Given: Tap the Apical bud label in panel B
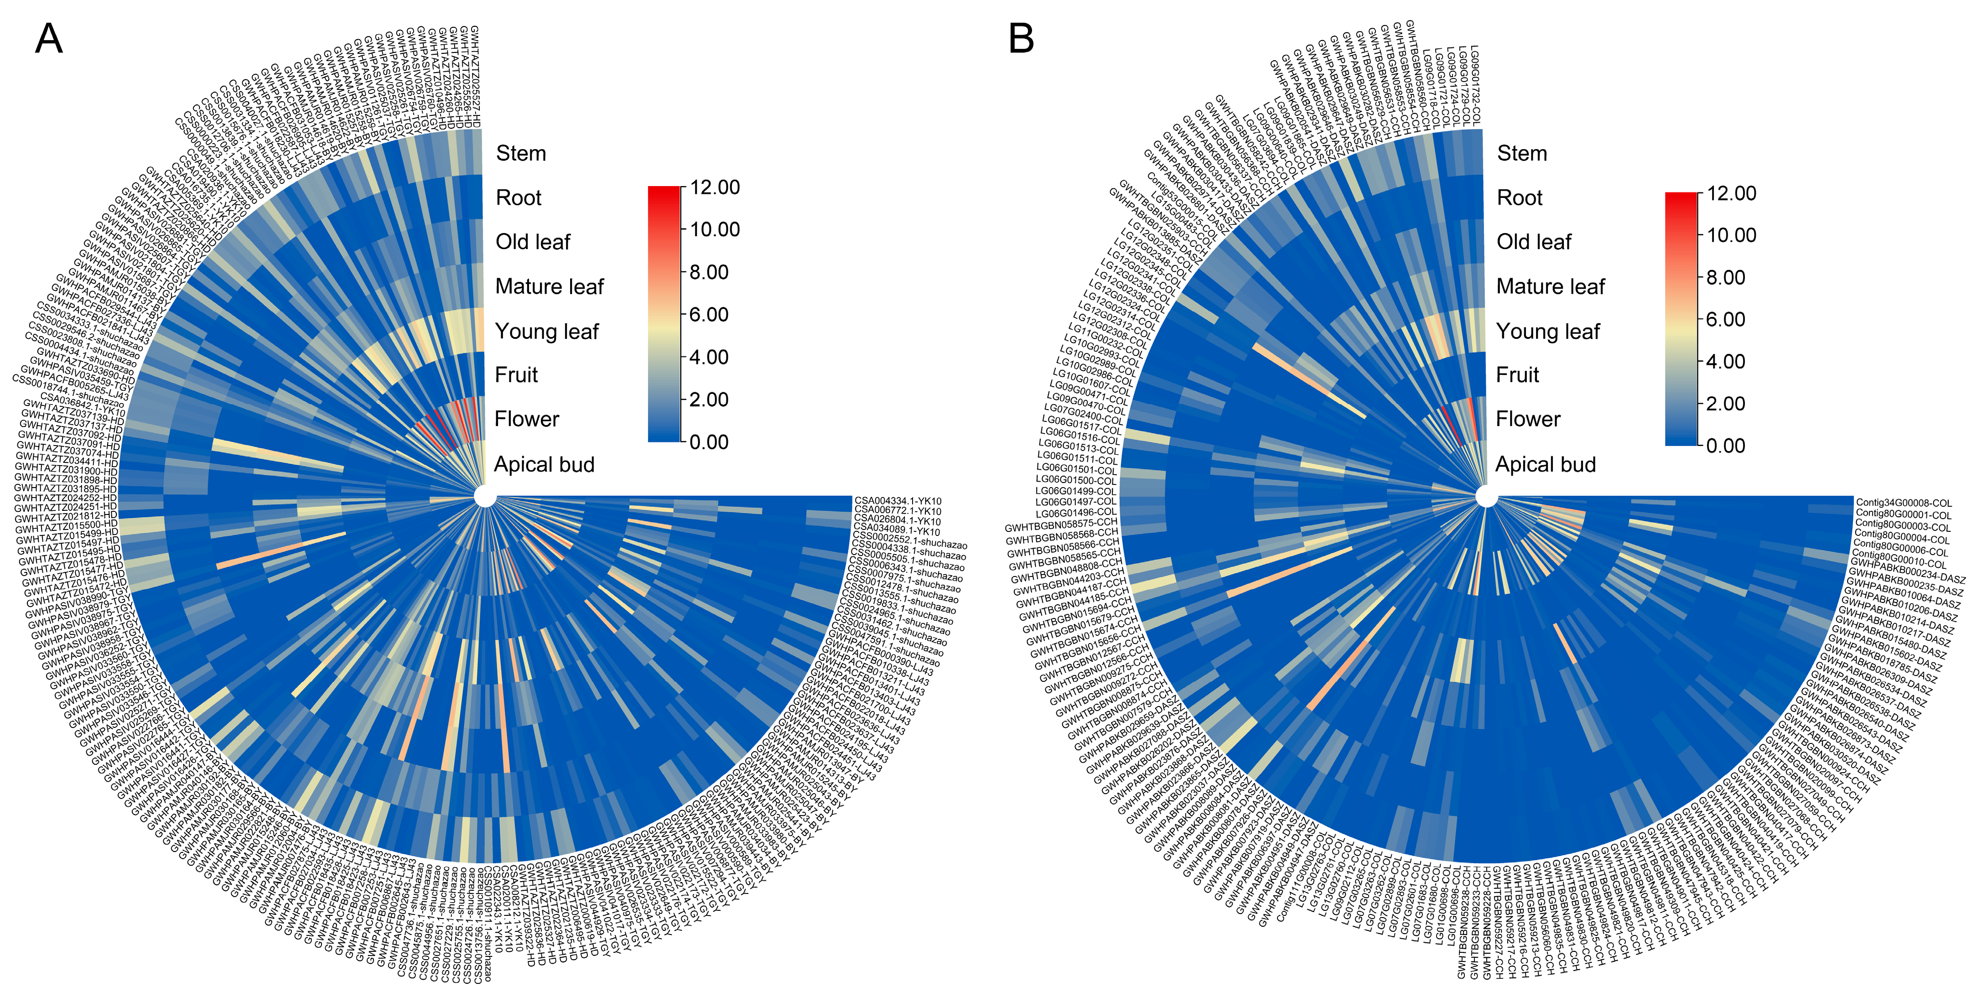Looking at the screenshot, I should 1545,464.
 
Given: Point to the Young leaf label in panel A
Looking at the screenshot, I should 546,332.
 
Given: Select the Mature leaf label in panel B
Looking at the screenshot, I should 1550,286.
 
